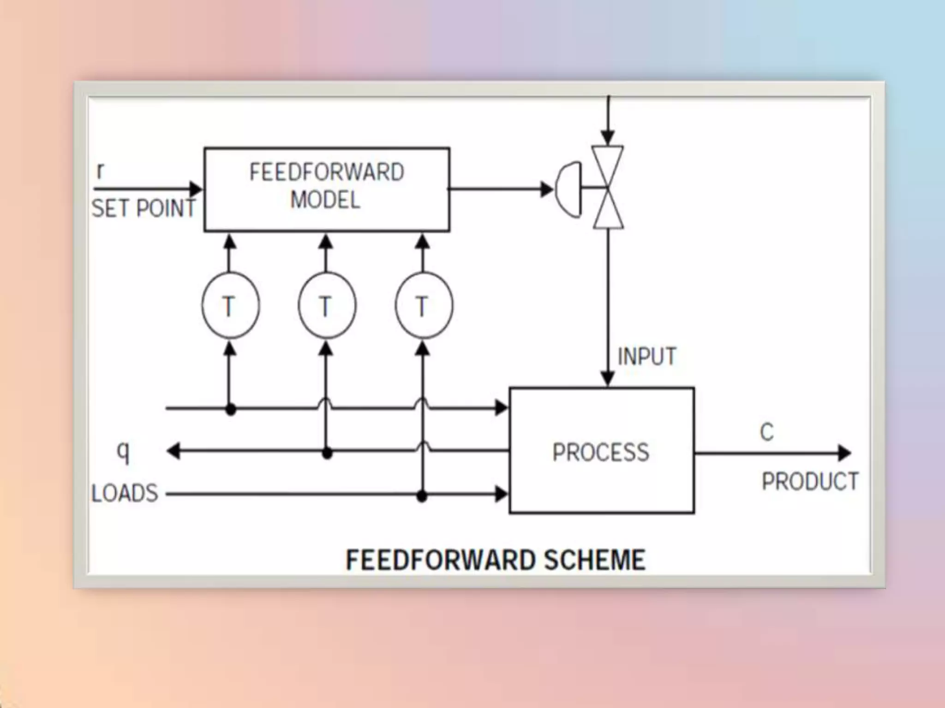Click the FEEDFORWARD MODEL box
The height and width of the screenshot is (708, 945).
[327, 189]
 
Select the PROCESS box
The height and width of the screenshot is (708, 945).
[601, 451]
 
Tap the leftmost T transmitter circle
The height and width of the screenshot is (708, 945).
[230, 306]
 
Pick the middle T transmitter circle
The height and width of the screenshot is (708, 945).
[327, 306]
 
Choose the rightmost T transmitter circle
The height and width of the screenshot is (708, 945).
[424, 306]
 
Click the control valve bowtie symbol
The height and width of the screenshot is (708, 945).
[608, 188]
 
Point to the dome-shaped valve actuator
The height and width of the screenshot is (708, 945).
[568, 189]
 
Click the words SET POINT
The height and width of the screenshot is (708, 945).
[144, 208]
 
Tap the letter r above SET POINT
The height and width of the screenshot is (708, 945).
[100, 171]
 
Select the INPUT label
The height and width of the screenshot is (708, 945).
[646, 357]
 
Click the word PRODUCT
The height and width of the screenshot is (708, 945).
[810, 482]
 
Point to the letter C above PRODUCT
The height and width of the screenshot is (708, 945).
[766, 432]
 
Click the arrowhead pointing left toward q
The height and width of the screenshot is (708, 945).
[173, 451]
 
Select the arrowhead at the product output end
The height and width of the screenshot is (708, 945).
[844, 453]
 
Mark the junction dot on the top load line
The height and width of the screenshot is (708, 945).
[231, 409]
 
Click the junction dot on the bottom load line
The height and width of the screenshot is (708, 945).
[422, 496]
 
